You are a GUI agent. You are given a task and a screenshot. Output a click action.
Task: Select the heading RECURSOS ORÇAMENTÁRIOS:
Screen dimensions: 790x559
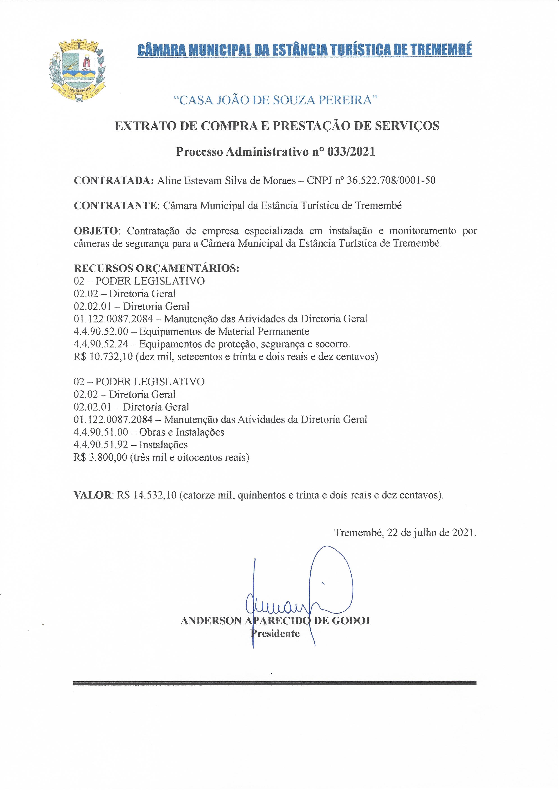157,268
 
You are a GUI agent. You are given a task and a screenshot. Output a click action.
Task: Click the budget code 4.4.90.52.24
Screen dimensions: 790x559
101,344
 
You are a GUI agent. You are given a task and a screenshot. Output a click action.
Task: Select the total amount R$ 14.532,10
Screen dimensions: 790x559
147,495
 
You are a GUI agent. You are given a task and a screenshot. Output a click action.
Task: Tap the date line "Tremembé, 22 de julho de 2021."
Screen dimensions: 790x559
405,533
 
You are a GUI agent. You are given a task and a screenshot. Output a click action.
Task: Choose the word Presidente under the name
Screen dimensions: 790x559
275,633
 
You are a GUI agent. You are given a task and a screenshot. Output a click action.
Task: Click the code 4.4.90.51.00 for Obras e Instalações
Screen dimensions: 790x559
101,432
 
